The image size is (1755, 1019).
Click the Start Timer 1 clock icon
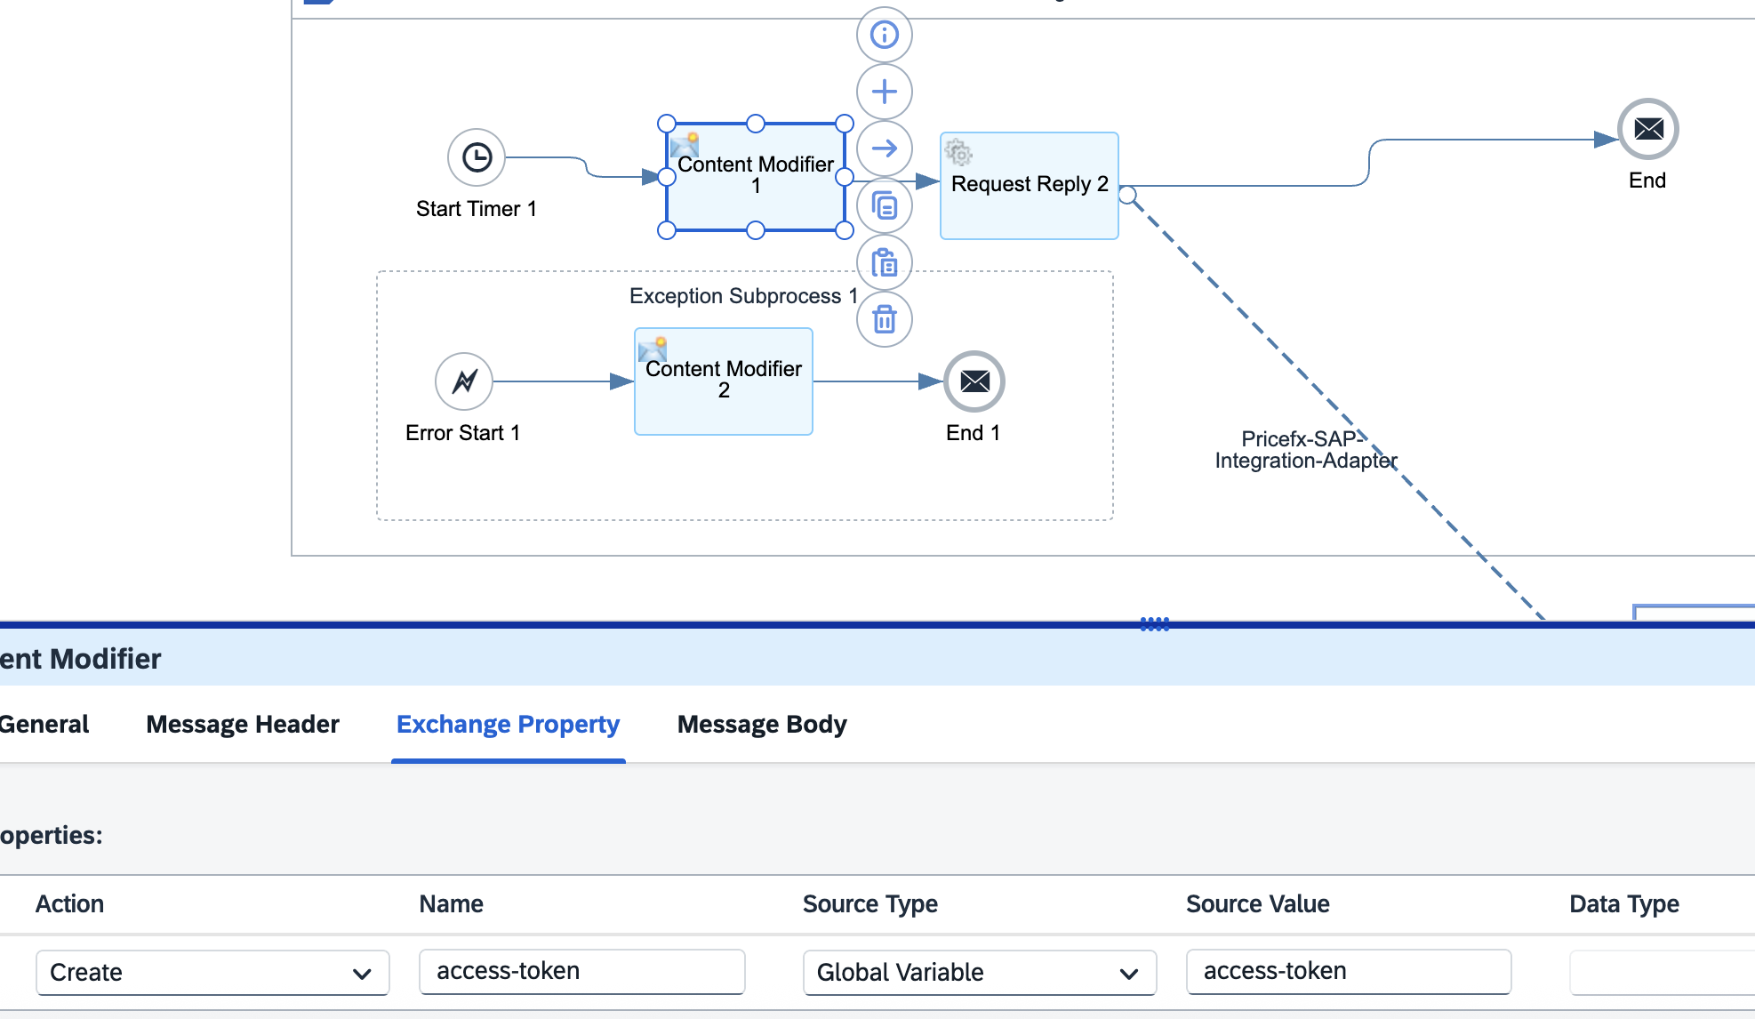(x=477, y=157)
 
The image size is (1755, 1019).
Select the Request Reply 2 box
(x=1029, y=186)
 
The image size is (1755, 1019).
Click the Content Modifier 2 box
(x=723, y=381)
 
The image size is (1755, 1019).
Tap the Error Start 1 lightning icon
(x=464, y=381)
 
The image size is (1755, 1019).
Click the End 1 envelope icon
(x=974, y=381)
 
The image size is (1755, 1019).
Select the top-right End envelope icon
(x=1648, y=129)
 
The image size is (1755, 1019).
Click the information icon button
(x=884, y=35)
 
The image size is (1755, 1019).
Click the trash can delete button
(x=884, y=319)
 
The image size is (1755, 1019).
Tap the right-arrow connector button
(x=884, y=148)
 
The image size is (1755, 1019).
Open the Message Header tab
(x=243, y=725)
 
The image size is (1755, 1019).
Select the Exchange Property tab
(x=508, y=725)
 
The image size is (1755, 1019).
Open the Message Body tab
(x=762, y=725)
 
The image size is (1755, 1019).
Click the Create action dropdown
(x=212, y=973)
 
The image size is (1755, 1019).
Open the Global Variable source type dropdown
(x=980, y=973)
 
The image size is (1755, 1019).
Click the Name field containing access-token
(x=582, y=971)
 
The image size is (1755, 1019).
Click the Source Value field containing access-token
(x=1349, y=971)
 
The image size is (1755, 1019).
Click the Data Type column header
(x=1624, y=904)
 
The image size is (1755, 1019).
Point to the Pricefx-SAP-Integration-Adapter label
(x=1306, y=450)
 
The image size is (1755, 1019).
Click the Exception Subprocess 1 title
(x=743, y=296)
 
